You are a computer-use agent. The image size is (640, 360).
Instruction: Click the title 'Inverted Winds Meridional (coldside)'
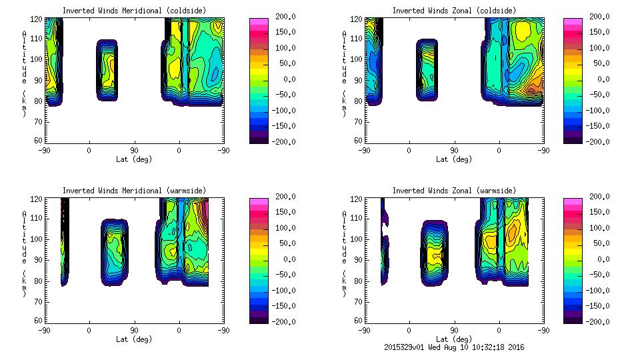(133, 10)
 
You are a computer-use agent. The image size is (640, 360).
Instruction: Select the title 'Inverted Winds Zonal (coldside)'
(453, 10)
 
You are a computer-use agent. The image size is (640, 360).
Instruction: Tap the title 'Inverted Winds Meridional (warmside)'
(133, 190)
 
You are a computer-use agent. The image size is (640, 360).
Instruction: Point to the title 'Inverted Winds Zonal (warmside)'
(453, 190)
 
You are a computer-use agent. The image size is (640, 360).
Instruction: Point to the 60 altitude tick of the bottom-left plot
(39, 321)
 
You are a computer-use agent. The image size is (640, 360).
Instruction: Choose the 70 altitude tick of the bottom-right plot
(359, 301)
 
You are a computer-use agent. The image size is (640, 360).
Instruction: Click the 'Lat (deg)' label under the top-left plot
(133, 159)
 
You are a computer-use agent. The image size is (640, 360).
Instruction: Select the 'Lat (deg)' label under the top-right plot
(453, 159)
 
